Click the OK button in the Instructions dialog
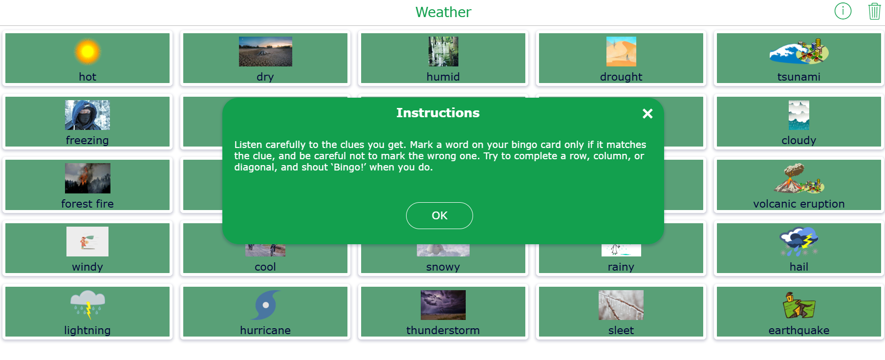pos(439,215)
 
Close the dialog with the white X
pos(648,114)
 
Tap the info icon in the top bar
pos(843,11)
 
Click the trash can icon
pos(874,11)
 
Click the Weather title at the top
pos(443,12)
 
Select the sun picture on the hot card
pos(87,51)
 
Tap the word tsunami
pos(799,77)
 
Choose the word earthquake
pos(799,330)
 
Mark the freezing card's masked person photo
pos(87,115)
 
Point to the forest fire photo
pos(87,178)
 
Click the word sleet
pos(621,330)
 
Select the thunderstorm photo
pos(443,305)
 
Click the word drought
pos(621,77)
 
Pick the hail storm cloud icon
pos(799,241)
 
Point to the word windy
pos(87,267)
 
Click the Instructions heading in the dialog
pos(438,113)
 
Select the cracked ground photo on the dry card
pos(265,51)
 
